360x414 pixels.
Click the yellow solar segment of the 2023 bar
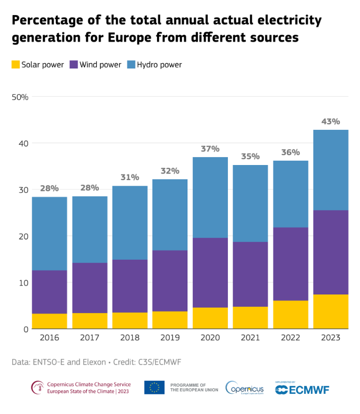[x=331, y=311]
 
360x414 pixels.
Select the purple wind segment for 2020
[x=210, y=272]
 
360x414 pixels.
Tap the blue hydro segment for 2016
[x=49, y=233]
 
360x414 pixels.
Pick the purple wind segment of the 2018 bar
[x=129, y=286]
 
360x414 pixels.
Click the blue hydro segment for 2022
[x=291, y=194]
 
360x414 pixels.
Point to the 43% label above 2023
[x=330, y=121]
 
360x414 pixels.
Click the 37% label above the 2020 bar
[x=210, y=149]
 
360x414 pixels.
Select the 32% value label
[x=170, y=171]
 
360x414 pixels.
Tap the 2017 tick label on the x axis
[x=90, y=338]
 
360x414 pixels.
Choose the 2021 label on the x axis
[x=250, y=338]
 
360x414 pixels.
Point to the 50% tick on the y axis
[x=20, y=97]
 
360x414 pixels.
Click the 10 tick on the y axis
[x=23, y=283]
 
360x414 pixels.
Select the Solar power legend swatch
[x=15, y=65]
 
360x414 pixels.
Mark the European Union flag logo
[x=154, y=387]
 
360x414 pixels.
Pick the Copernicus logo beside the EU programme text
[x=244, y=388]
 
